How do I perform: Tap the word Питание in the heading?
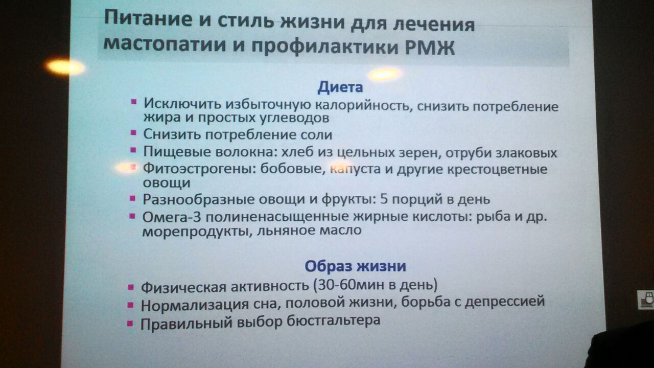(x=148, y=18)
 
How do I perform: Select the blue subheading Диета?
(x=340, y=87)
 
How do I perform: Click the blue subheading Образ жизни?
(x=355, y=266)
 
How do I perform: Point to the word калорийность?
(x=363, y=105)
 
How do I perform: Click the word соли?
(x=316, y=134)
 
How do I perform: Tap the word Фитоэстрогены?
(x=199, y=169)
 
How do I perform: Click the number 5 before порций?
(x=384, y=199)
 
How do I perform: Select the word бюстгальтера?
(x=333, y=320)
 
